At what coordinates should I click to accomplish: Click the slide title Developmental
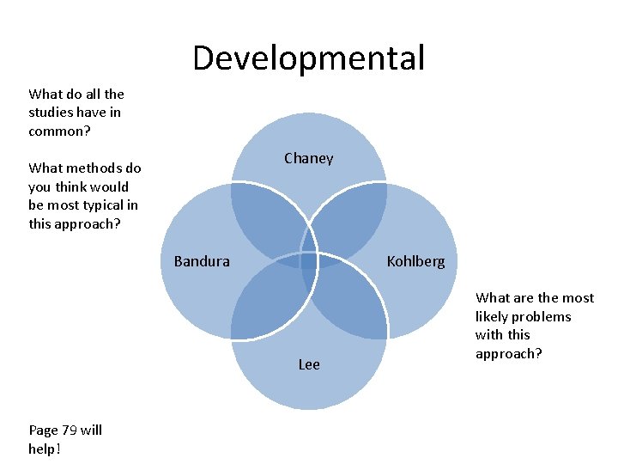[308, 58]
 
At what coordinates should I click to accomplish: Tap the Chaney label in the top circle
[308, 158]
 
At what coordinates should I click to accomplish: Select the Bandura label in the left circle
[202, 261]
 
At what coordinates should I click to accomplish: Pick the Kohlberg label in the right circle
[415, 261]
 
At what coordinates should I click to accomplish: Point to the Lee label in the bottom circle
[309, 364]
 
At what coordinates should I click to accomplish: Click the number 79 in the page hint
[70, 430]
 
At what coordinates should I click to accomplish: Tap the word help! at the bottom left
[45, 449]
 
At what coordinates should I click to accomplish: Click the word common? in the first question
[59, 131]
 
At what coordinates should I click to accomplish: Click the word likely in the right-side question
[494, 316]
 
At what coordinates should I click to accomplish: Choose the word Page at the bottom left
[44, 430]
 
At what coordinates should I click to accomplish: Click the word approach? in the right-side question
[508, 354]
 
